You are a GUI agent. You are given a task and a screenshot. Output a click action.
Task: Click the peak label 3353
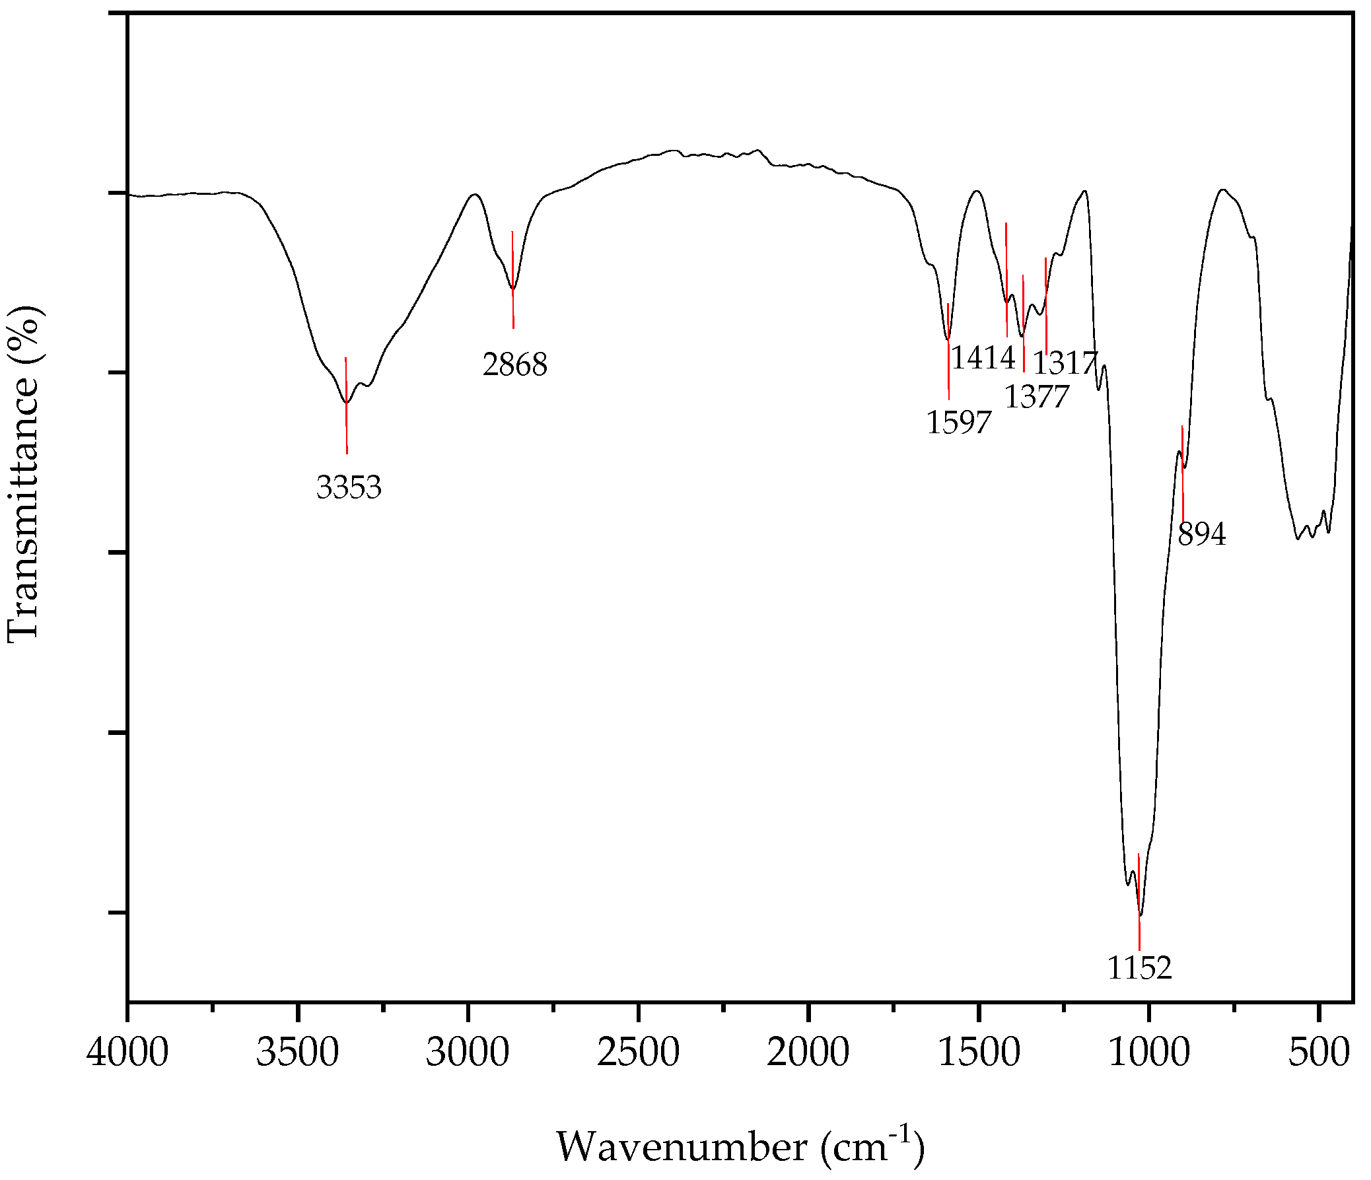(x=349, y=488)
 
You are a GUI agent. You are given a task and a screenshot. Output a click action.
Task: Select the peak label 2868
(x=515, y=364)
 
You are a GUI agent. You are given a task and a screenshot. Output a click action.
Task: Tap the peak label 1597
(x=959, y=422)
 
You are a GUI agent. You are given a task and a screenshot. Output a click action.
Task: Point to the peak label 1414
(x=983, y=358)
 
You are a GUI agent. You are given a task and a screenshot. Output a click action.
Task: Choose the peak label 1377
(x=1036, y=397)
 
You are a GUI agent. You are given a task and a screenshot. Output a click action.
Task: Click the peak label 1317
(x=1065, y=363)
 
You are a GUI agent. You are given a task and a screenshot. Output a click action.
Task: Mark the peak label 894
(x=1202, y=534)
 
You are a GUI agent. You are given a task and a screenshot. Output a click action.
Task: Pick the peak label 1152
(x=1139, y=968)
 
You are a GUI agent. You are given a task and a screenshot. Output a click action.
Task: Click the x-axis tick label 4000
(x=127, y=1053)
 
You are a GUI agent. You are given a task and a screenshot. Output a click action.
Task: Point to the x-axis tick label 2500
(x=638, y=1053)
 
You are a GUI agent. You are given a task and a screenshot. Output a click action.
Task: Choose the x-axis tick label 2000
(x=808, y=1053)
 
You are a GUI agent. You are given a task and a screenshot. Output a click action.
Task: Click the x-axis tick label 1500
(x=978, y=1053)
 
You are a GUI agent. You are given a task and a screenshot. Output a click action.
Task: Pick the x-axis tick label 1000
(x=1148, y=1053)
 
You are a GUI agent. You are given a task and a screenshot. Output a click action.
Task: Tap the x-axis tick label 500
(x=1319, y=1053)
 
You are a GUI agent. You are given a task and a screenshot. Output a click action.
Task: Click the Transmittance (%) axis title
(x=24, y=474)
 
